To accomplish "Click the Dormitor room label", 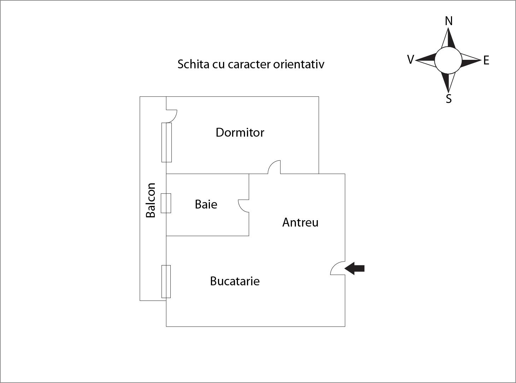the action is click(240, 132).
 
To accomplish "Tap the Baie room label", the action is click(206, 205).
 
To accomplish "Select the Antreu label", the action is click(300, 222).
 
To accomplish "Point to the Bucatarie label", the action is click(235, 281).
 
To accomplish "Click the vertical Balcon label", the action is click(151, 200).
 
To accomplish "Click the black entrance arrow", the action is click(354, 269).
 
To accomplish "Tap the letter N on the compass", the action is click(449, 21).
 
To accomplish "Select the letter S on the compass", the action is click(449, 99).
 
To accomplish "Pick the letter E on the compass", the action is click(486, 60).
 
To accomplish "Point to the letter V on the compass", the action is click(411, 59).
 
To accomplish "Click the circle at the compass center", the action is click(448, 61).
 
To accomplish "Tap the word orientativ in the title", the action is click(299, 64).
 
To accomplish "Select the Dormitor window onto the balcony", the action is click(166, 142).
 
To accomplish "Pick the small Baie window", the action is click(166, 203).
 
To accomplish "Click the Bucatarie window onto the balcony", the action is click(166, 281).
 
